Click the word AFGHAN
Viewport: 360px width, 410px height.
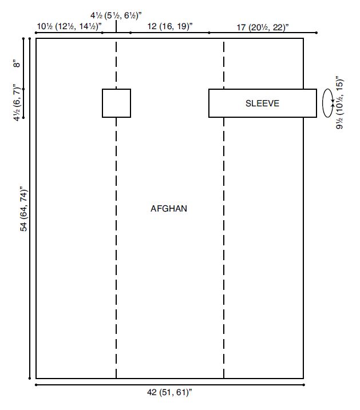pos(169,209)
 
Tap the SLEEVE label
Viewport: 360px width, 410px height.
pos(262,104)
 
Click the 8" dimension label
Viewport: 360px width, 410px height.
pos(17,64)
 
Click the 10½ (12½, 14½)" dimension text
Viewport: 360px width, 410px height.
pos(69,26)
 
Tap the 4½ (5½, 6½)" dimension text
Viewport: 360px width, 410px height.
pos(116,15)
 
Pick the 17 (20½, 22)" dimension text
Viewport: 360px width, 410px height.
pos(263,27)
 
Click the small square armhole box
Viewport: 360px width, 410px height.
pos(102,103)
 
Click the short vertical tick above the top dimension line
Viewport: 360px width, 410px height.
pos(116,26)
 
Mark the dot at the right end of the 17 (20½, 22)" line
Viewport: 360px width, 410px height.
pos(317,33)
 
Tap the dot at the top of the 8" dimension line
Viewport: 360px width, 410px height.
pos(23,38)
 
